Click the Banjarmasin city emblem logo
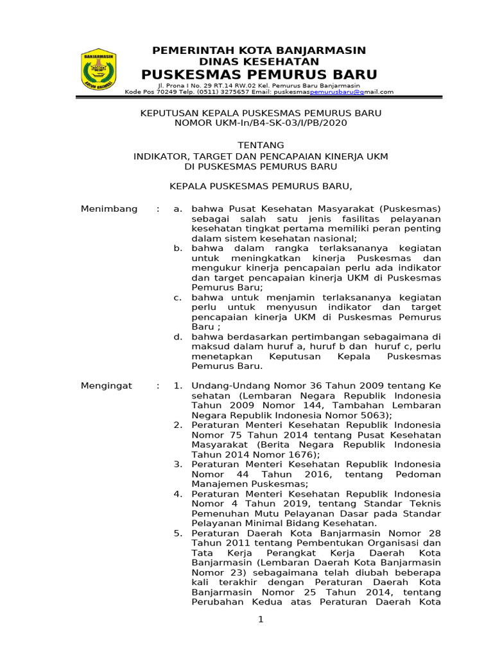98,69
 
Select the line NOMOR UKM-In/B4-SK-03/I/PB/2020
261,123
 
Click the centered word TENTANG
261,146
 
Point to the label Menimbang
109,209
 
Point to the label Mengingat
107,386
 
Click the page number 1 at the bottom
261,619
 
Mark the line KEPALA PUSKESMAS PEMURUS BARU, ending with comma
261,186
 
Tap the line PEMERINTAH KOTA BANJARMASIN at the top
259,50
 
